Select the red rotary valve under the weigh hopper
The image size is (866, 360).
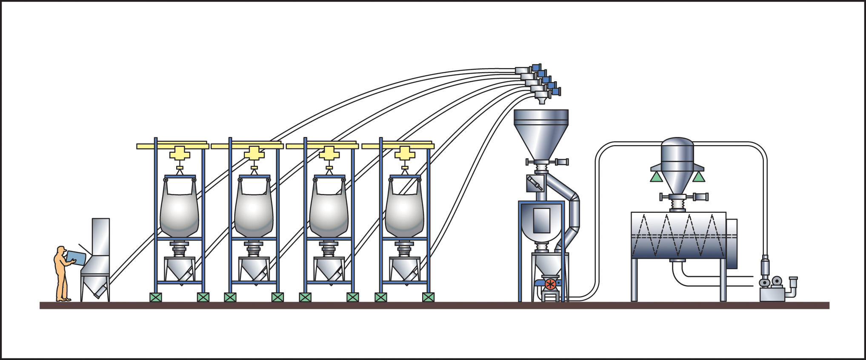tap(550, 284)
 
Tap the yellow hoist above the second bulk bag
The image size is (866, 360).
tap(254, 153)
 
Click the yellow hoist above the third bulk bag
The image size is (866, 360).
tap(329, 153)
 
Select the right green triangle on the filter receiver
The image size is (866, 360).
tap(699, 177)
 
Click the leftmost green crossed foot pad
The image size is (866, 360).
tap(156, 297)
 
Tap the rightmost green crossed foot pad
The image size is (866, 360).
tap(428, 297)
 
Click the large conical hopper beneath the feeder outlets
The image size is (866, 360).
tap(541, 132)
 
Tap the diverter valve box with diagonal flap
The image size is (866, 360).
tap(535, 183)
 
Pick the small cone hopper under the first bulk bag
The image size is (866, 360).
tap(180, 269)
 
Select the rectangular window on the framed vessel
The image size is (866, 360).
tap(541, 220)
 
